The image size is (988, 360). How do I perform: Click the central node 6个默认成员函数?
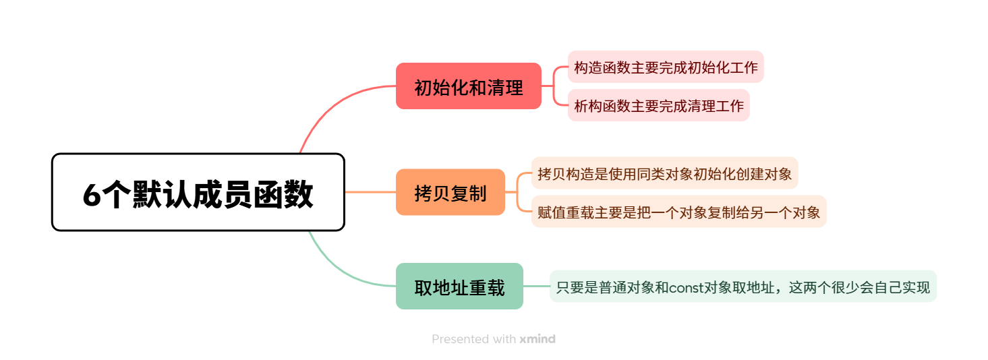[198, 192]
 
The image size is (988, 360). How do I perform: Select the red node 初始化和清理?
[468, 86]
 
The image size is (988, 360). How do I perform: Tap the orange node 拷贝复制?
[450, 192]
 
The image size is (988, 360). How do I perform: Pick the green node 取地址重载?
[459, 287]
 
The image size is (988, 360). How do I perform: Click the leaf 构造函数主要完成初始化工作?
[666, 67]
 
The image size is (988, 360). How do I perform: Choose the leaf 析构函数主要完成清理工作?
[658, 105]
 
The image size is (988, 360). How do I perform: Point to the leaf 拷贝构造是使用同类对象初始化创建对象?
[664, 173]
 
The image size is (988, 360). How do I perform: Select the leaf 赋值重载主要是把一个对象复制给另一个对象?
[678, 212]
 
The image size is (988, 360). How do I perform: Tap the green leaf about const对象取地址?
[743, 287]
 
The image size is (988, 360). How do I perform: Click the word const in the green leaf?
[686, 287]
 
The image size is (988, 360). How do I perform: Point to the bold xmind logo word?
[537, 339]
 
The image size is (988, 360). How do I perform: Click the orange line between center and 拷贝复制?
[370, 192]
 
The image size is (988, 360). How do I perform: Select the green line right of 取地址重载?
[536, 287]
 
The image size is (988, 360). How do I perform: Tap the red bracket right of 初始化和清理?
[554, 86]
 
